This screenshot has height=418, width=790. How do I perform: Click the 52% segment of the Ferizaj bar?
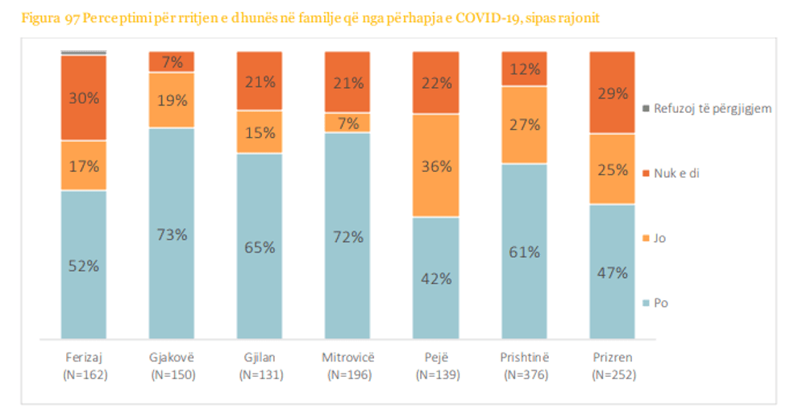83,265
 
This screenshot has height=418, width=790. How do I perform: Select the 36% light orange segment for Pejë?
435,165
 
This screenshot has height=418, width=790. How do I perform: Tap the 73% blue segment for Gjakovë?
171,233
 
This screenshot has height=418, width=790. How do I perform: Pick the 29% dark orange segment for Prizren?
613,93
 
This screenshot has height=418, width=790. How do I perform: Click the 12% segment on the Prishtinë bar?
524,69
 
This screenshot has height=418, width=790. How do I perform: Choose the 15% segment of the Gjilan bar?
259,132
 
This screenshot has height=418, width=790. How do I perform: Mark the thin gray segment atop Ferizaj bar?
83,52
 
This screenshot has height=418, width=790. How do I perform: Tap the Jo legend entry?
659,238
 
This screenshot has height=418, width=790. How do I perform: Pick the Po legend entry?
660,303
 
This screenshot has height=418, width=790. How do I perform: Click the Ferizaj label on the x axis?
83,357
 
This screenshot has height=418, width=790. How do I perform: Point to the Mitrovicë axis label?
347,357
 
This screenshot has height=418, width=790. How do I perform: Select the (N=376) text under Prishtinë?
524,374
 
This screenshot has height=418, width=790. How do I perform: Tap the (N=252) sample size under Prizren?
613,374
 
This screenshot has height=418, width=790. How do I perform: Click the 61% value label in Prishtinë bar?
524,252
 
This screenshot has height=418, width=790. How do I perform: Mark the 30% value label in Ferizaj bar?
83,98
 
